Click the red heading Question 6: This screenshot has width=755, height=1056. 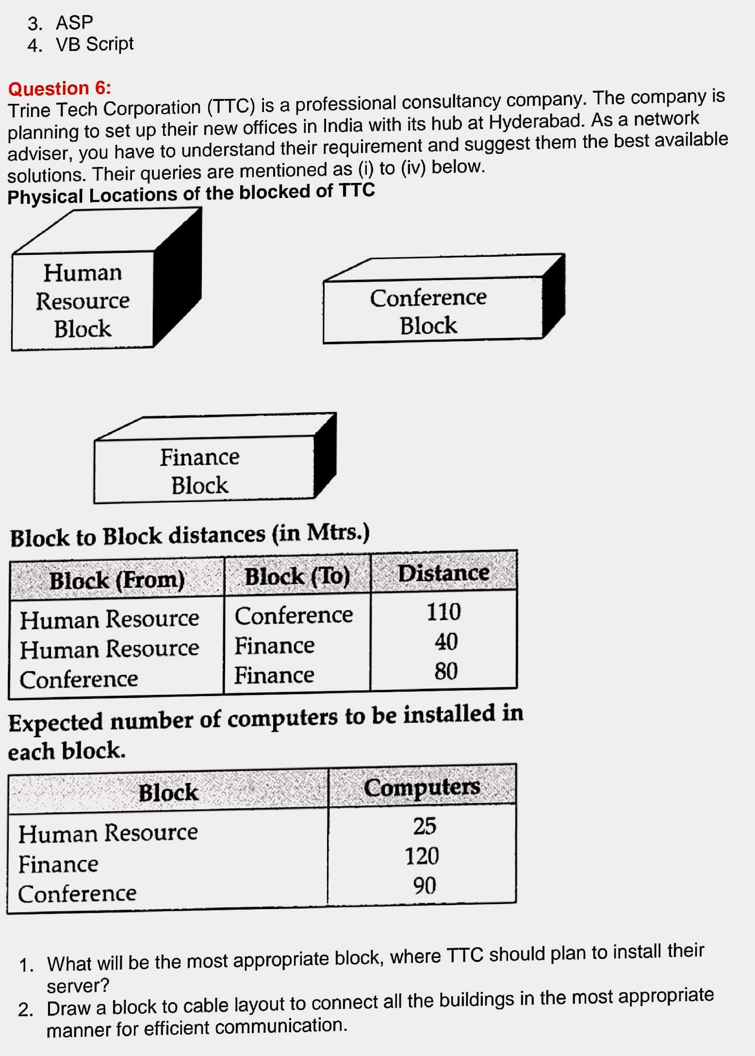(60, 88)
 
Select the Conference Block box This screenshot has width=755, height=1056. (444, 298)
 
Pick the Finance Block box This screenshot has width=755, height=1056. (215, 458)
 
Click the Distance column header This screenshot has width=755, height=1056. (443, 573)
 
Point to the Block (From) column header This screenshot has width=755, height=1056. (117, 580)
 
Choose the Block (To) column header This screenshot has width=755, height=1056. (297, 577)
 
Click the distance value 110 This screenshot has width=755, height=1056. (443, 611)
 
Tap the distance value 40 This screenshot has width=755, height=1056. (446, 642)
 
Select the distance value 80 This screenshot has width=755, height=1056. (446, 672)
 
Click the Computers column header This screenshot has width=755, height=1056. (422, 787)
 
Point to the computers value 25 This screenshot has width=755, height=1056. (425, 825)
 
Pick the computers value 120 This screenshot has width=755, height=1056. (422, 856)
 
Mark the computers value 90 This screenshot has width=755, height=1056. (425, 886)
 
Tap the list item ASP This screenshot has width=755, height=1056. (74, 22)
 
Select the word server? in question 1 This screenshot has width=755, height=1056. (78, 986)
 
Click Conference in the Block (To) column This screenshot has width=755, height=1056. (294, 615)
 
